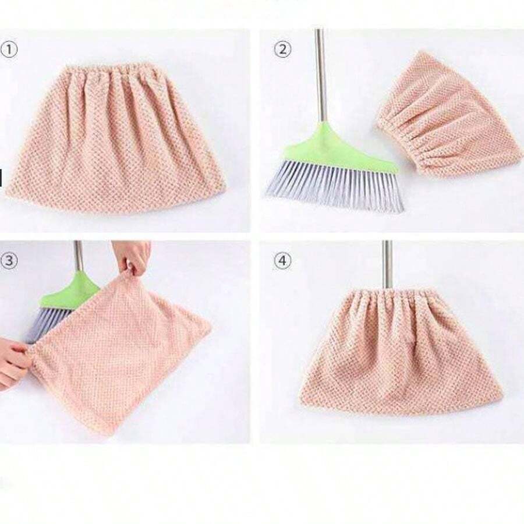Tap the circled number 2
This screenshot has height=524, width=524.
tap(282, 49)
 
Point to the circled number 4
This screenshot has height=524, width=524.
tap(282, 261)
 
